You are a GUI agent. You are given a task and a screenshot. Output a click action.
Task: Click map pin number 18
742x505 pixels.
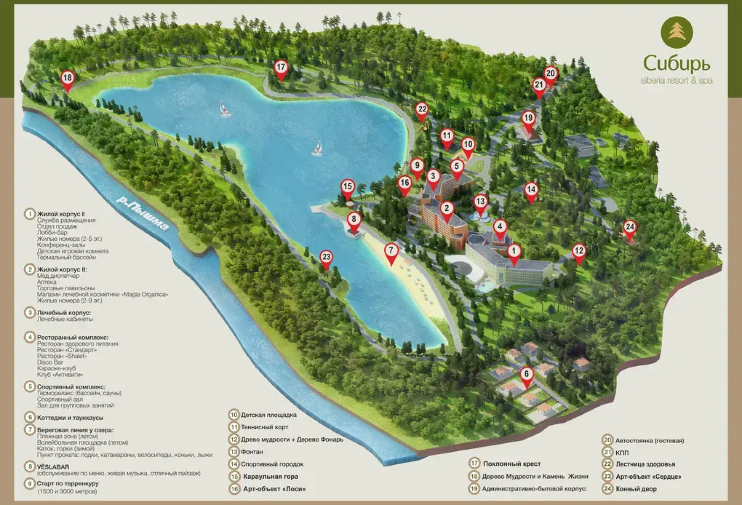pyautogui.click(x=67, y=78)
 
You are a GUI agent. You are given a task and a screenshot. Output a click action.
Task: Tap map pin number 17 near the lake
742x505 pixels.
pyautogui.click(x=281, y=67)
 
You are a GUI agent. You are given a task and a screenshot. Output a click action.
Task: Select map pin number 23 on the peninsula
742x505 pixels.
pyautogui.click(x=326, y=257)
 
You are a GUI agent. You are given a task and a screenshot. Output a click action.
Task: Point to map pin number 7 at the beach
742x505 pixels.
pyautogui.click(x=391, y=251)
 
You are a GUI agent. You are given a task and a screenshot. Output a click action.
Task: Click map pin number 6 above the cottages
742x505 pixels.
pyautogui.click(x=526, y=375)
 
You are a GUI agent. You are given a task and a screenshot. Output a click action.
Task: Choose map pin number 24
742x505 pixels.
pyautogui.click(x=630, y=228)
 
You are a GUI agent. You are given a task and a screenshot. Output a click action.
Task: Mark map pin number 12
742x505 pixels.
pyautogui.click(x=579, y=251)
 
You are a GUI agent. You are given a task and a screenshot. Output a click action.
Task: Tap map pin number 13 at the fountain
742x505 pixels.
pyautogui.click(x=480, y=202)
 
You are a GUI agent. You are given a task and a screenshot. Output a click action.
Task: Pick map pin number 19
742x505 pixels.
pyautogui.click(x=528, y=118)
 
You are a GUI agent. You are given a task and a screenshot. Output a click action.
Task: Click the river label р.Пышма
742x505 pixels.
pyautogui.click(x=143, y=213)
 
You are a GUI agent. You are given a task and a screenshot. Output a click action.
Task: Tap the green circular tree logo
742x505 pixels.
pyautogui.click(x=677, y=31)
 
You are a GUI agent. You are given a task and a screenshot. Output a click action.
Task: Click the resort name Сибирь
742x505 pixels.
pyautogui.click(x=677, y=62)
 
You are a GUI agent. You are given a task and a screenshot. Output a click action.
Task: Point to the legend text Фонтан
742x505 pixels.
pyautogui.click(x=252, y=452)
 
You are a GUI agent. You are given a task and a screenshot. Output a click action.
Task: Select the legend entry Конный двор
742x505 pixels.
pyautogui.click(x=636, y=489)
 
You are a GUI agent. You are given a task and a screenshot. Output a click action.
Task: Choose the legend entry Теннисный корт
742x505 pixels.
pyautogui.click(x=264, y=427)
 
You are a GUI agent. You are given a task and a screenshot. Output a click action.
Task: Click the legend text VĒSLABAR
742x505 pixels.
pyautogui.click(x=53, y=467)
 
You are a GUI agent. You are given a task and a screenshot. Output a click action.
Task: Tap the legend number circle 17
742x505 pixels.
pyautogui.click(x=475, y=463)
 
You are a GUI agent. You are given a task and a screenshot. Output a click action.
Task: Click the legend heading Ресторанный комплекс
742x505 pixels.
pyautogui.click(x=72, y=337)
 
